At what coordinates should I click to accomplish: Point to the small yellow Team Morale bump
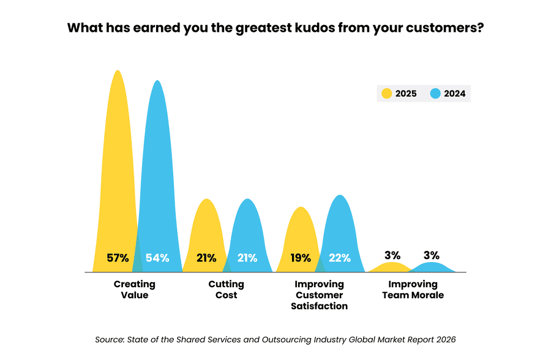click(390, 268)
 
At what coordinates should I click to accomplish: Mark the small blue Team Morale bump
click(431, 268)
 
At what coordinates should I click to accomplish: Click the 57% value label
click(118, 258)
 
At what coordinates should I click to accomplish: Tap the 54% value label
click(157, 258)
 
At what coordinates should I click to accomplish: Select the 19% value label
click(300, 258)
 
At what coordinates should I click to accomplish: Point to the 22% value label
click(339, 258)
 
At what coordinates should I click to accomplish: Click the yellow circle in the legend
click(386, 94)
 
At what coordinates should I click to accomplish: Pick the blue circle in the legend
click(435, 94)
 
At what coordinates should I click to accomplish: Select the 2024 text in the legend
click(455, 94)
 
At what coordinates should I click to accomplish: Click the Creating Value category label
click(135, 290)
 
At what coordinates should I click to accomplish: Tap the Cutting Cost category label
click(226, 290)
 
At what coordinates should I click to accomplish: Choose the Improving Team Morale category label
click(413, 290)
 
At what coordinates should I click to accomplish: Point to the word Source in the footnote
click(109, 339)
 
